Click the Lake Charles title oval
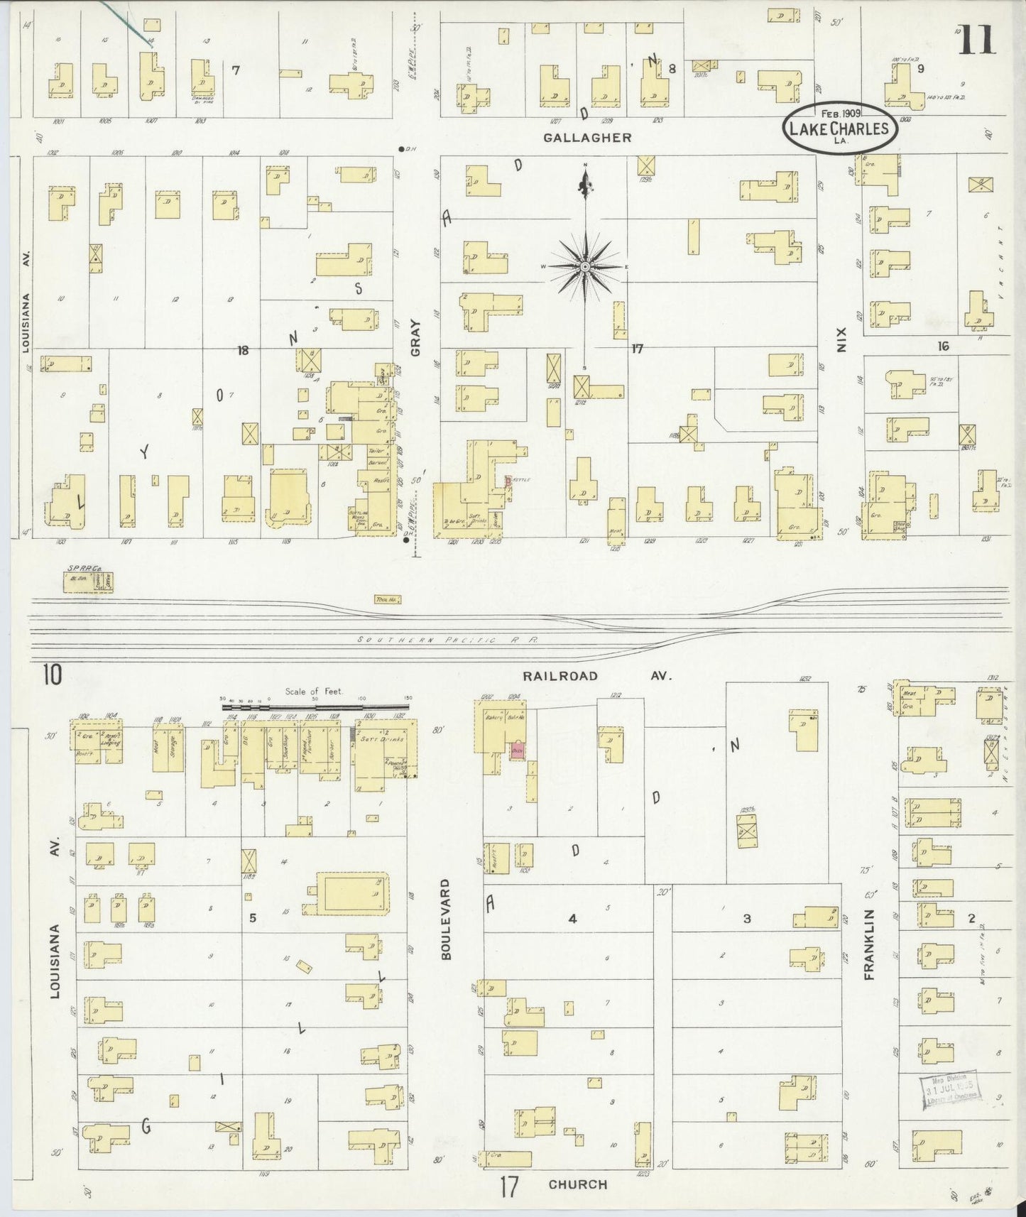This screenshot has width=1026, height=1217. pos(840,128)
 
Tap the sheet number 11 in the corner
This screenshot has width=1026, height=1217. pos(978,40)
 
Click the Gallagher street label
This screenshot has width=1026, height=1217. pos(587,138)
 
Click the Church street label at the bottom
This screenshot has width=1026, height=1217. pos(578,1184)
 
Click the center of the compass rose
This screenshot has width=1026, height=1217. pos(585,266)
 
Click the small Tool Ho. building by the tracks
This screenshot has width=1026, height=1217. pos(388,600)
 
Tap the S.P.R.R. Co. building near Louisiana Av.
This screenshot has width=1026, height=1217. pos(88,582)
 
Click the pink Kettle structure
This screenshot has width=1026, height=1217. pos(508,481)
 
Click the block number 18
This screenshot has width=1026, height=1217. pos(243,350)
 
